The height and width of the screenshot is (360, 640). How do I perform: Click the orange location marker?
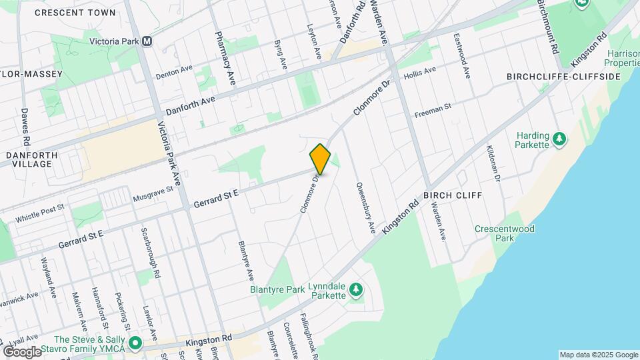click(320, 159)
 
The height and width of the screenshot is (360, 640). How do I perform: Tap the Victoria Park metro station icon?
click(147, 41)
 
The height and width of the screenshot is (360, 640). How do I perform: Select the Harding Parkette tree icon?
click(561, 139)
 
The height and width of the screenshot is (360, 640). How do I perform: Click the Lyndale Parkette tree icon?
click(357, 289)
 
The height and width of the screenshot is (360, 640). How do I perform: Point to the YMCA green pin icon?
click(135, 344)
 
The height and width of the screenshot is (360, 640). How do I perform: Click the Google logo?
click(22, 351)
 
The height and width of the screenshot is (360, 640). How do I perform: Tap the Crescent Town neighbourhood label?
click(75, 13)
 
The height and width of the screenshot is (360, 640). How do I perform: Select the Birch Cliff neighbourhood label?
click(452, 195)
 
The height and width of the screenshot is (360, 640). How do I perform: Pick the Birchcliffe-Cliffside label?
click(564, 77)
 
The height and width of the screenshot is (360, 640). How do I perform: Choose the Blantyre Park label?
click(277, 289)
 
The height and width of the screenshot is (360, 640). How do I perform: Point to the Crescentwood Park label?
click(505, 233)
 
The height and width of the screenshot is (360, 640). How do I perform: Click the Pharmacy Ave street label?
click(225, 58)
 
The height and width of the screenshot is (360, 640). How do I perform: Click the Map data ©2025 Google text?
click(598, 355)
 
